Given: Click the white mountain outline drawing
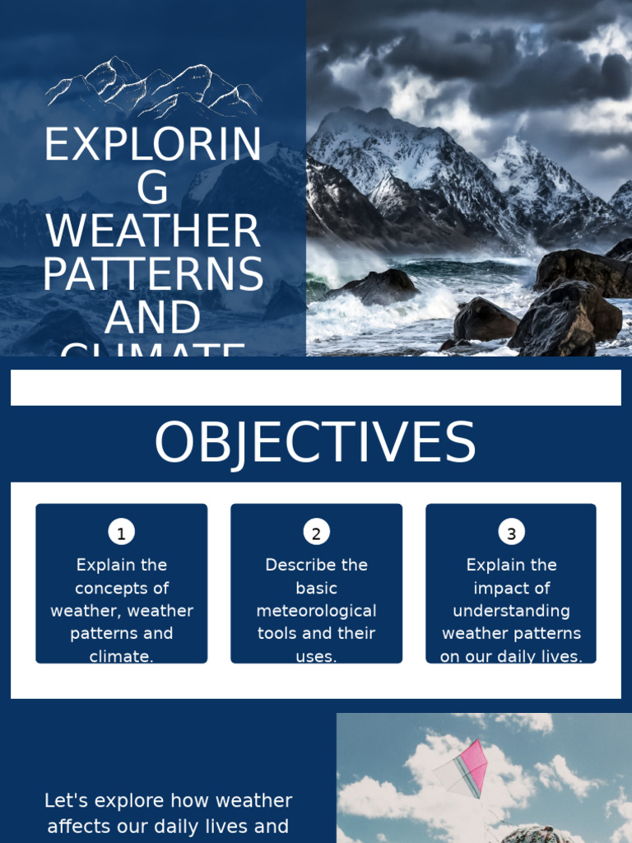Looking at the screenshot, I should click(x=153, y=87).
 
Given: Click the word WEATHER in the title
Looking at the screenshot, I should click(x=153, y=231).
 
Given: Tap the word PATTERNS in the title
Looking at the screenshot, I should click(x=153, y=275).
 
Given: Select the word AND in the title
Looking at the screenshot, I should click(x=153, y=318).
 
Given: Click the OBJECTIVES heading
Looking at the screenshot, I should click(x=315, y=444).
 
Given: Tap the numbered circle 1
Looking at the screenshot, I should click(x=121, y=533).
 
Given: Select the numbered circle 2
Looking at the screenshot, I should click(x=316, y=533).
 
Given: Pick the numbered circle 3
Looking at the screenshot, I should click(x=511, y=533).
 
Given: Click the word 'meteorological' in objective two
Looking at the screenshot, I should click(x=316, y=611).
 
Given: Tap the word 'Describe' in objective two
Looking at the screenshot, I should click(x=300, y=565).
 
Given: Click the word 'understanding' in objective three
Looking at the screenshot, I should click(x=511, y=611).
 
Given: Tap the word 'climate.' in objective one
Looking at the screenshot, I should click(x=122, y=657).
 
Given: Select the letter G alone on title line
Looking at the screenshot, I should click(x=153, y=189).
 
